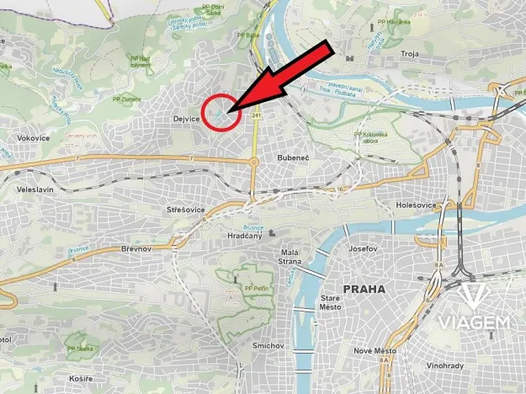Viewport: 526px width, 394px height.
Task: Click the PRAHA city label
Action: [364, 289]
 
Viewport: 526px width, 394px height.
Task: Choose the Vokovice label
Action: [33, 137]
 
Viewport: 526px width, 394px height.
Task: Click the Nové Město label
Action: [375, 351]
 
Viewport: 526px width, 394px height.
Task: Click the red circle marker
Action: [218, 112]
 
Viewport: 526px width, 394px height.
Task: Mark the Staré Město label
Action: [331, 301]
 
